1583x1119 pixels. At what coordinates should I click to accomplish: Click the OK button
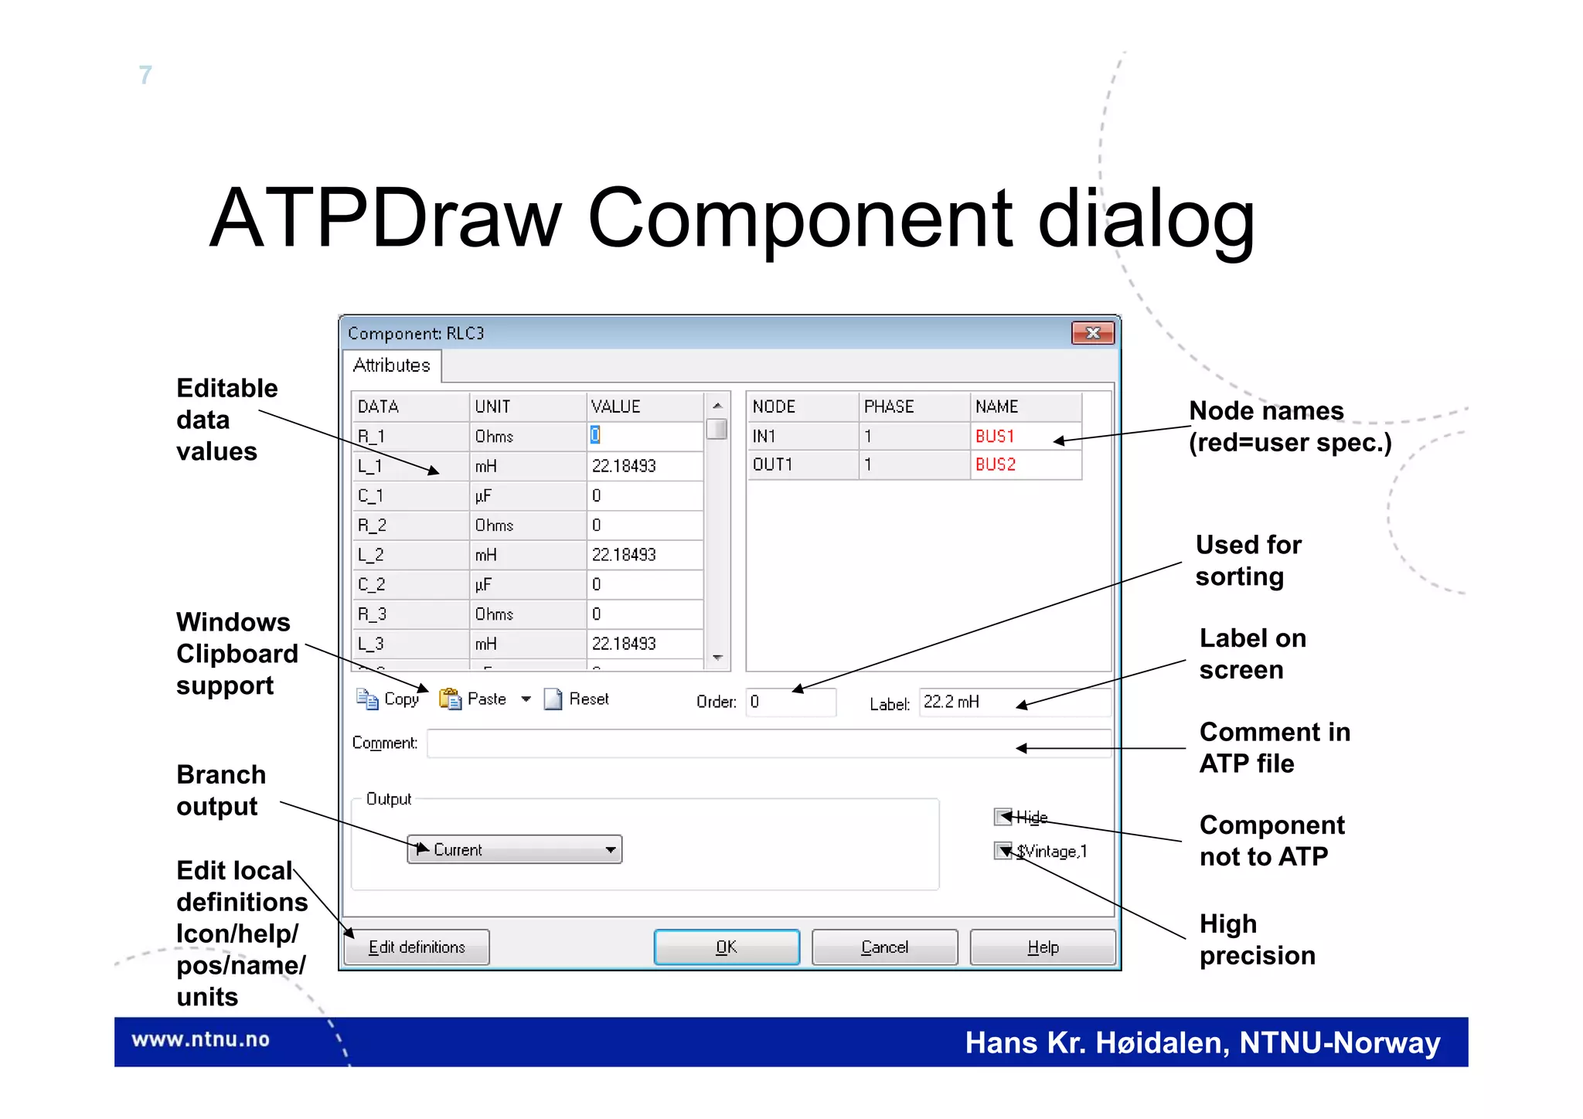click(x=726, y=947)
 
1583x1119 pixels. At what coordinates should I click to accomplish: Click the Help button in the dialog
click(x=1042, y=947)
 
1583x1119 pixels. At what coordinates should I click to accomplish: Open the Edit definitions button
click(x=417, y=947)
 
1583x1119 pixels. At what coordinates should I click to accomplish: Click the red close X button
click(x=1092, y=333)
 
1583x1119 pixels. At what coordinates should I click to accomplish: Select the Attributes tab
click(x=392, y=366)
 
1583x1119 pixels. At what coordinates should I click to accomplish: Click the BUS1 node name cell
click(x=1025, y=436)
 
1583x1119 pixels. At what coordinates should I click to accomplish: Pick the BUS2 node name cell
click(x=1025, y=464)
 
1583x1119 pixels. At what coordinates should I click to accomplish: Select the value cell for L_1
click(x=644, y=466)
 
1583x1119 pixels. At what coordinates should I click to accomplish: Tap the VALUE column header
click(x=644, y=406)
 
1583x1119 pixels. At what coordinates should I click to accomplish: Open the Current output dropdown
click(x=515, y=849)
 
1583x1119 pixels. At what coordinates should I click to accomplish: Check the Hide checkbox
click(x=1003, y=817)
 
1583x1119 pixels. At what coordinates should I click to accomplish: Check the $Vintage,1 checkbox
click(x=1003, y=851)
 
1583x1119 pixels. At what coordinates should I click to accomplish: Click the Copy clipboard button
click(x=389, y=699)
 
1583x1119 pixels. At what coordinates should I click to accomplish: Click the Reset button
click(x=577, y=699)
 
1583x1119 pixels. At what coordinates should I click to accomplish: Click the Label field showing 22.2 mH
click(x=1013, y=702)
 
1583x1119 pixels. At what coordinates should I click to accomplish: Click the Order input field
click(x=790, y=702)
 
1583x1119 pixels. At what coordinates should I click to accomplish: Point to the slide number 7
click(x=145, y=75)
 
